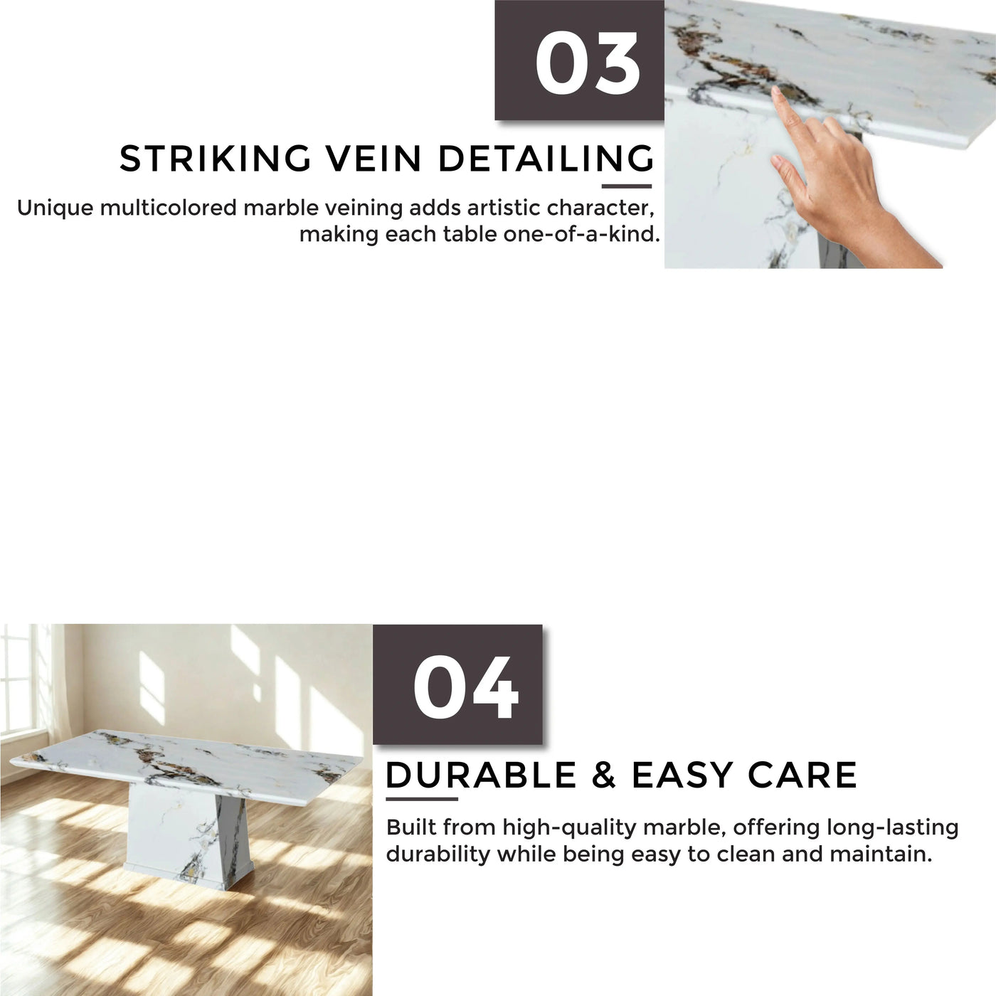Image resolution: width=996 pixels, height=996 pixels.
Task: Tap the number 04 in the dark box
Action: pyautogui.click(x=465, y=687)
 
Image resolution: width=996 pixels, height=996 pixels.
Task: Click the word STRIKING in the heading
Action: pyautogui.click(x=215, y=158)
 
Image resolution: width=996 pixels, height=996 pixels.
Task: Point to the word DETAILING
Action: pyautogui.click(x=546, y=158)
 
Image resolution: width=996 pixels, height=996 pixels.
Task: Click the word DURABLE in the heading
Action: pyautogui.click(x=481, y=775)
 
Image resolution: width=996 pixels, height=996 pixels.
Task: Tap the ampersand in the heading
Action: pyautogui.click(x=604, y=775)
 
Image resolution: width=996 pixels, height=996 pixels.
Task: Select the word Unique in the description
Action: pyautogui.click(x=55, y=209)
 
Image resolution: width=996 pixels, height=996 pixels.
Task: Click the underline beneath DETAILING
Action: pyautogui.click(x=627, y=186)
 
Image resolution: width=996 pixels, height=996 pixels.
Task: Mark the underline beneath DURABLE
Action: pyautogui.click(x=422, y=799)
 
